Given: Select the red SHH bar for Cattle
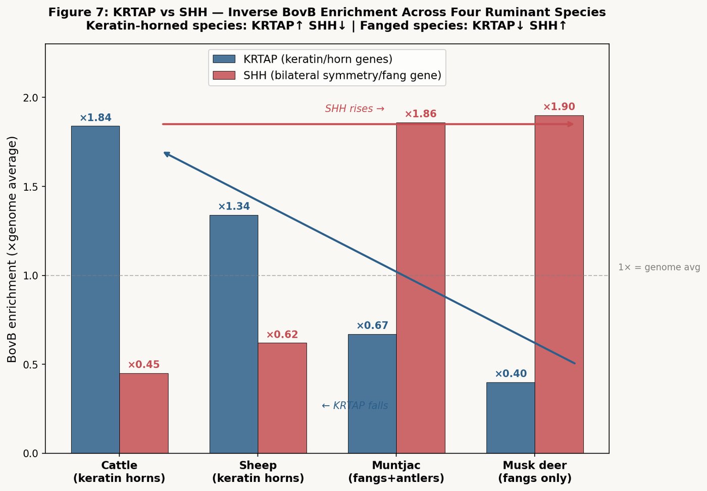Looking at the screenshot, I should coord(144,413).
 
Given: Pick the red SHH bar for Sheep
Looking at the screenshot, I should coord(282,398).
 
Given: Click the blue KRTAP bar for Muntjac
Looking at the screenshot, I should coord(372,394).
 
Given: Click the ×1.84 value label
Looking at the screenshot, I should coord(95,118).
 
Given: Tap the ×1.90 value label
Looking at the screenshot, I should coord(559,107).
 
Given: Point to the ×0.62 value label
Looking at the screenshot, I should coord(282,335).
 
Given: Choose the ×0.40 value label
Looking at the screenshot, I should coord(511,374).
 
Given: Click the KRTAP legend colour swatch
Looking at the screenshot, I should coord(224,59).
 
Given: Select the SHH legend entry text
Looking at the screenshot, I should coord(342,76).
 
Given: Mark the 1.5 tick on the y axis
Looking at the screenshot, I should coord(31,187).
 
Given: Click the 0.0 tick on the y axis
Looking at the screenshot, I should coord(31,454).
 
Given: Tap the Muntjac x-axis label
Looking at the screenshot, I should coord(396,472).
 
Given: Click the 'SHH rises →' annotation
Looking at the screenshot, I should coord(355,109).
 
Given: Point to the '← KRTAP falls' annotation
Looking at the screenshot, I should coord(355,406).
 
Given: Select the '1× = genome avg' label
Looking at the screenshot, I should coord(659,267).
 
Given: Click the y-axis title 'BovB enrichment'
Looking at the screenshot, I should coord(12,249).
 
